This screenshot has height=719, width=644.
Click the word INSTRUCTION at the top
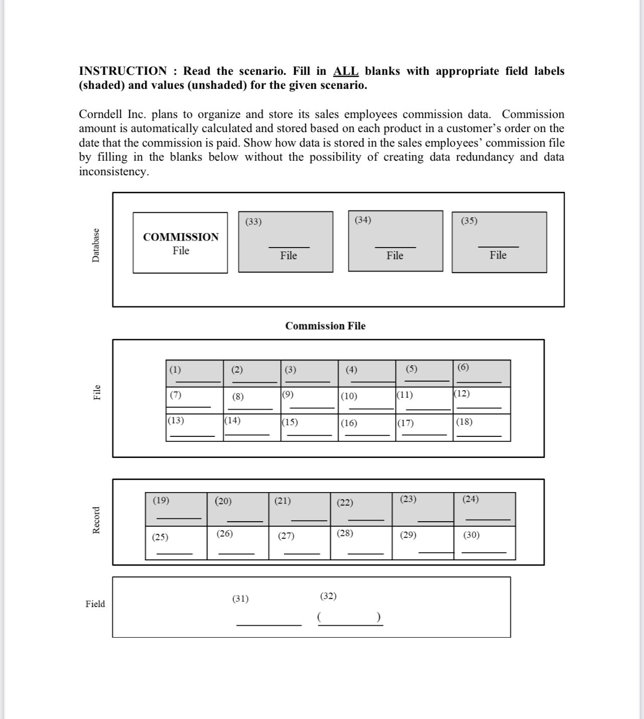122,71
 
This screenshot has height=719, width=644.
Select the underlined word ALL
346,71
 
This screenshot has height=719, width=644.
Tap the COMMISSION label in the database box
181,237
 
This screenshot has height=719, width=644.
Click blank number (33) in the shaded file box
253,221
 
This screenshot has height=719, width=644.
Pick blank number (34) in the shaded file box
363,220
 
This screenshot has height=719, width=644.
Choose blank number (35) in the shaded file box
469,221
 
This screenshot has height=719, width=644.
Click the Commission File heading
325,326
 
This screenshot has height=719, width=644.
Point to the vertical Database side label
96,245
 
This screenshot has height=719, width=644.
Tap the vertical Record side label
96,520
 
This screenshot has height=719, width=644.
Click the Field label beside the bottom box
95,604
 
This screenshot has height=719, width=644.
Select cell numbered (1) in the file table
195,373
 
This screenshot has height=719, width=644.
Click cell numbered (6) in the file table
481,373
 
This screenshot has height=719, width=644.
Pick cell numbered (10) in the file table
367,400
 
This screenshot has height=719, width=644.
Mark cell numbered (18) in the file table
481,427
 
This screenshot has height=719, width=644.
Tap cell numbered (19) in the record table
176,509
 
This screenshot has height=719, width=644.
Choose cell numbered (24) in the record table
485,509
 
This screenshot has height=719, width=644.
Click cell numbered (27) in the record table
299,543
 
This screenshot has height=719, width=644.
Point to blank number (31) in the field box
240,598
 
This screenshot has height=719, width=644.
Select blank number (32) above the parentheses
328,596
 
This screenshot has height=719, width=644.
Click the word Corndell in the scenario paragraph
101,114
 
